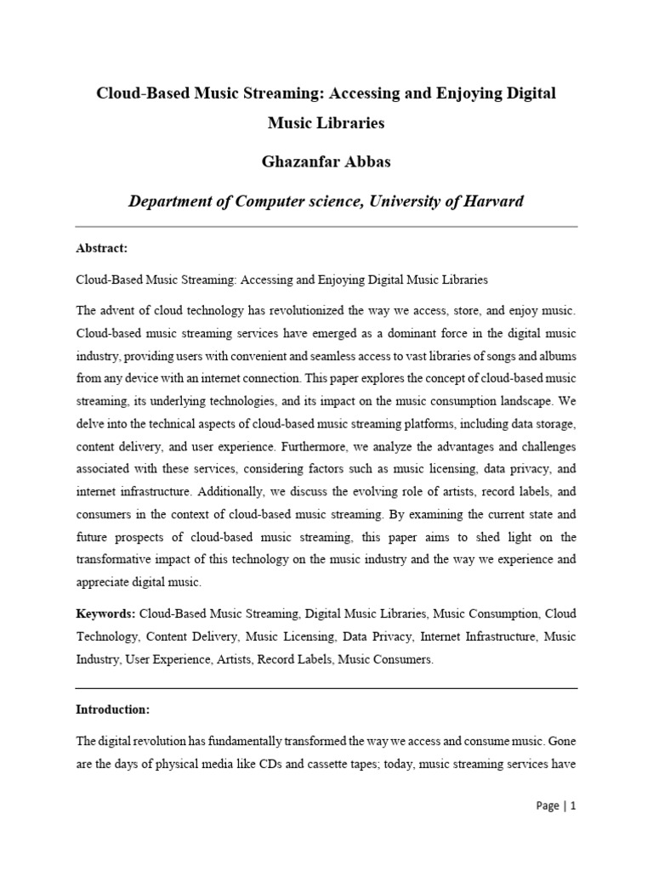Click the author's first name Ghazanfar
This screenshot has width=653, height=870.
tap(293, 162)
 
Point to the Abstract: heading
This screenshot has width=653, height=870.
tap(101, 249)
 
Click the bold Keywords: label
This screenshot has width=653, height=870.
tap(105, 612)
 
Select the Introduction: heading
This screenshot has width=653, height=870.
tap(111, 709)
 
